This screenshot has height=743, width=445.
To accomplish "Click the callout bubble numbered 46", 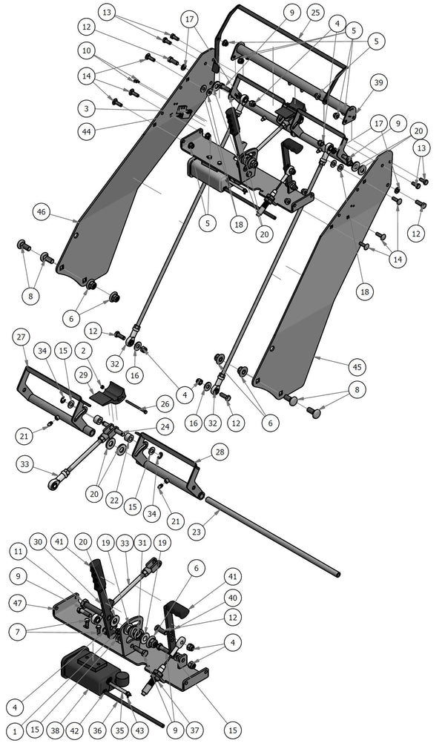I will (42, 212).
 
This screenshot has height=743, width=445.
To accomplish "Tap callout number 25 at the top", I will (314, 13).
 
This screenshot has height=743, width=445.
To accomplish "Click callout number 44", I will (88, 131).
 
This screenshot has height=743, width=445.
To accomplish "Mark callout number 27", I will (20, 336).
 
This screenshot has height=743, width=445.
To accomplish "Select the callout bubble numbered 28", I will (220, 451).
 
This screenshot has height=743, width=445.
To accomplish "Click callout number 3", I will (88, 108).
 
